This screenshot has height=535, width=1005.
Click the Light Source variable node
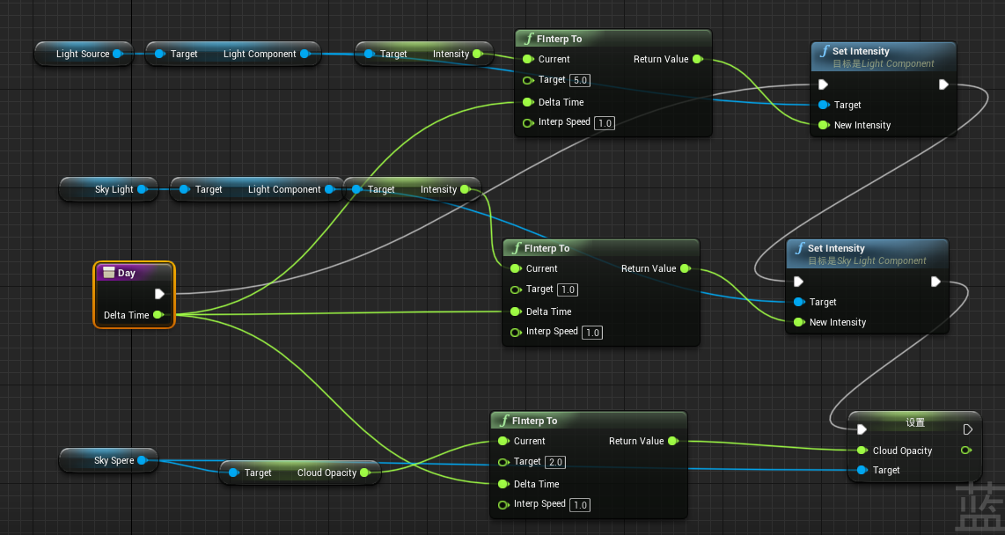click(83, 54)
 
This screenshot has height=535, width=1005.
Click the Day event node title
click(127, 273)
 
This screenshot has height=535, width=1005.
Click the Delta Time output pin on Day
click(158, 315)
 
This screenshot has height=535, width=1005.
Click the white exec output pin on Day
click(159, 294)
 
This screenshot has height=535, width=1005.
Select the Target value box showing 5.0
click(580, 80)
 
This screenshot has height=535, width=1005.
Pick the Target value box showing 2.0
click(555, 462)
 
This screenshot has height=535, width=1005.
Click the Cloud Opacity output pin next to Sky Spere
click(365, 473)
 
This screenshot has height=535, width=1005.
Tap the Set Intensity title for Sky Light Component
click(836, 248)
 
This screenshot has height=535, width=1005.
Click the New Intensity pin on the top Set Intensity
click(824, 125)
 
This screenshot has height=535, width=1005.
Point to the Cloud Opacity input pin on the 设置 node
click(862, 451)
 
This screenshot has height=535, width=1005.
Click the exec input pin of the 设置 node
click(862, 429)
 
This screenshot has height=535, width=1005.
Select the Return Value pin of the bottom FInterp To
click(672, 441)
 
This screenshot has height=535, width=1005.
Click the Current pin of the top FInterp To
click(528, 59)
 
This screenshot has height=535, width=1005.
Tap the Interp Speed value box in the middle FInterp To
click(592, 333)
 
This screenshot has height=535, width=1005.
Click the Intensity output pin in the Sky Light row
click(466, 189)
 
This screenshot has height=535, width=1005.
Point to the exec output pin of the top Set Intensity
click(943, 84)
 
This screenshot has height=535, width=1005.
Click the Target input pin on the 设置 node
click(862, 470)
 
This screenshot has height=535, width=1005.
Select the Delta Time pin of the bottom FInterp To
click(503, 484)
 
